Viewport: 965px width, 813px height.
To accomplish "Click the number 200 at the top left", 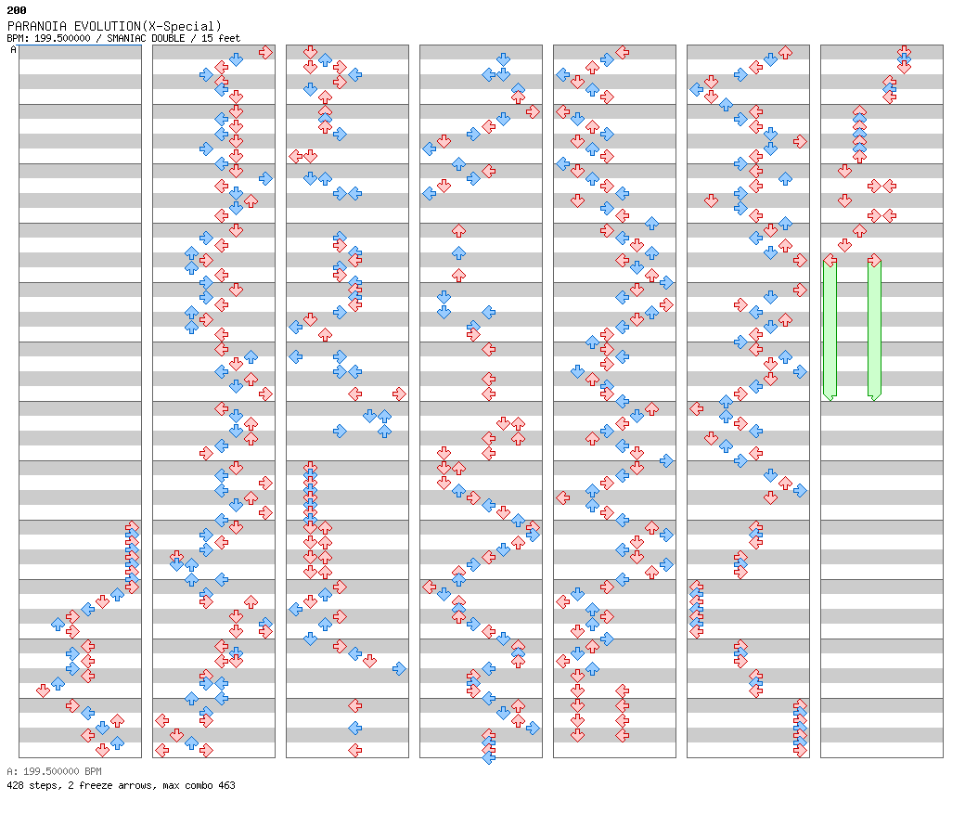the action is (x=17, y=10).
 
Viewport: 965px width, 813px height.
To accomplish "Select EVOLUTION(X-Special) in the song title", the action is (x=148, y=26).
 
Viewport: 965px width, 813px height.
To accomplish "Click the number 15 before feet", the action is (x=207, y=38).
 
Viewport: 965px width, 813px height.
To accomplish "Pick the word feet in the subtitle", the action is (x=229, y=38).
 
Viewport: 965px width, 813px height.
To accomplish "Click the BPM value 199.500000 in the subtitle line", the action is (x=62, y=38).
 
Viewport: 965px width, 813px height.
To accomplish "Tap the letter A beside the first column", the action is (x=13, y=49).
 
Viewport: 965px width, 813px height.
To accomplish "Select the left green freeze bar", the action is (x=830, y=330).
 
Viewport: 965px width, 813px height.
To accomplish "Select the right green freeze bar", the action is (x=874, y=330).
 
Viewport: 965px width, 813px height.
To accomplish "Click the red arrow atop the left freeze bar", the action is (x=830, y=261).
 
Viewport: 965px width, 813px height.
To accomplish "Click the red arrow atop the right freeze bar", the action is (x=874, y=261).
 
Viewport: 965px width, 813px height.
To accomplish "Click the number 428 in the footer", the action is (x=15, y=785).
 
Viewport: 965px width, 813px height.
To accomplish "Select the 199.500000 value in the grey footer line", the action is (x=51, y=771).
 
